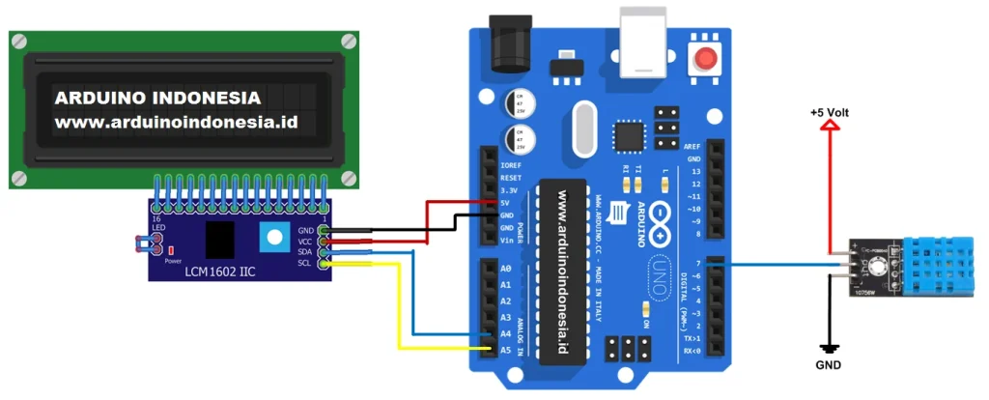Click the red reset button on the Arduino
[707, 59]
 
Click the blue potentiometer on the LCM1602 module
[276, 235]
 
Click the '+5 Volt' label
[830, 113]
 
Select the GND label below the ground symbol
[827, 366]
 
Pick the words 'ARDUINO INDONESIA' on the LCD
[157, 99]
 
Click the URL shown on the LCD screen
[175, 123]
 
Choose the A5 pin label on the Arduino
[505, 350]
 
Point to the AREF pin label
[692, 145]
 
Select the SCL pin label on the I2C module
[306, 262]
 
